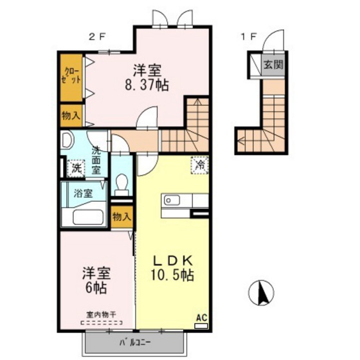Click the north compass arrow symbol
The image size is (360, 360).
point(262,294)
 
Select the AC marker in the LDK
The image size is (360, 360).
point(201,318)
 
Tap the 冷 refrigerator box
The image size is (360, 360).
point(199,165)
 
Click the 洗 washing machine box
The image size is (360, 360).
point(76,168)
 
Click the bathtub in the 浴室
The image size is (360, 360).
point(84,215)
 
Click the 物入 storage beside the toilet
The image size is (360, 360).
point(121,217)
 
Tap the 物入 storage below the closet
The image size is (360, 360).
point(71,116)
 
